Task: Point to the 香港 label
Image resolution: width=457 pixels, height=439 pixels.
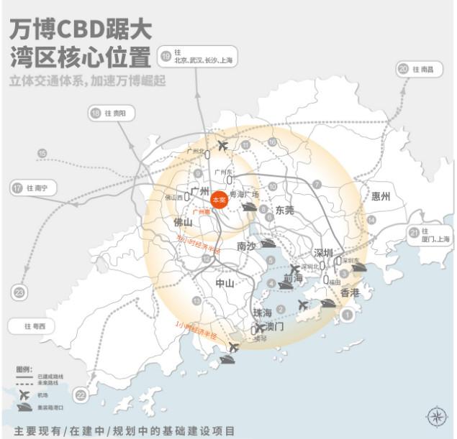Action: point(349,293)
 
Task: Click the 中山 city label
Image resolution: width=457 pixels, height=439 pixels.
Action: point(225,284)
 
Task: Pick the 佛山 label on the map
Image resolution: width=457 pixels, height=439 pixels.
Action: point(183,223)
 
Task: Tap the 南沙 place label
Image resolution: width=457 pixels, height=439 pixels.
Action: point(246,246)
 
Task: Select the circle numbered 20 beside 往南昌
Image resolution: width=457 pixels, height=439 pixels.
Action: point(403,69)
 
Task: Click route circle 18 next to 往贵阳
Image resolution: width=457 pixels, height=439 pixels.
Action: point(96,113)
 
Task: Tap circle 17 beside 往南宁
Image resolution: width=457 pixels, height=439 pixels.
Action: point(17,188)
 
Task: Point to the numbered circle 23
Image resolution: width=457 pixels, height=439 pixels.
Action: point(19,292)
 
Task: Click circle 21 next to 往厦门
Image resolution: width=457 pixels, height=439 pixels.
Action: point(414,233)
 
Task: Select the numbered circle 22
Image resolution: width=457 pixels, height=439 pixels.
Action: point(81,394)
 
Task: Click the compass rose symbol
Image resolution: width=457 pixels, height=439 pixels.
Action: point(436,416)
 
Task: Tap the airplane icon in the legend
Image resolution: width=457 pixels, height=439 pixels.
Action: point(24,396)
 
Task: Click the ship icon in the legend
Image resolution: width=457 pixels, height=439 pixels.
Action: point(25,409)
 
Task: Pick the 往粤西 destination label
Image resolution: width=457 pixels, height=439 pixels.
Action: point(34,326)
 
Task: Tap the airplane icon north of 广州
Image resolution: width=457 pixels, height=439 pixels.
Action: point(222,146)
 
